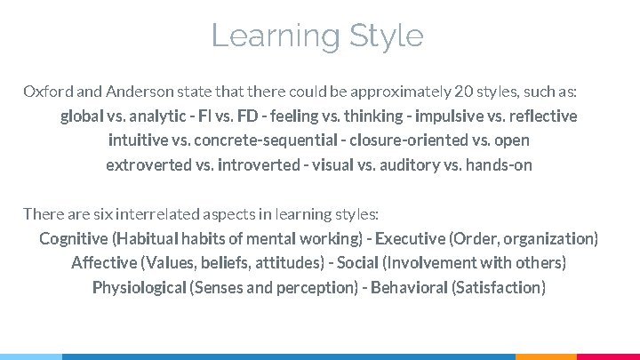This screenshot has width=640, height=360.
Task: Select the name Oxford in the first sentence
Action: pyautogui.click(x=44, y=92)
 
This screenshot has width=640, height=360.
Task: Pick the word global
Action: pyautogui.click(x=81, y=116)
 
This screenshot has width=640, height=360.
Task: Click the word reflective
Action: pyautogui.click(x=542, y=116)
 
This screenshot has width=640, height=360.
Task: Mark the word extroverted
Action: pyautogui.click(x=146, y=165)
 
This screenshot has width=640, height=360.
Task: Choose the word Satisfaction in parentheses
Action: pyautogui.click(x=499, y=288)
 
